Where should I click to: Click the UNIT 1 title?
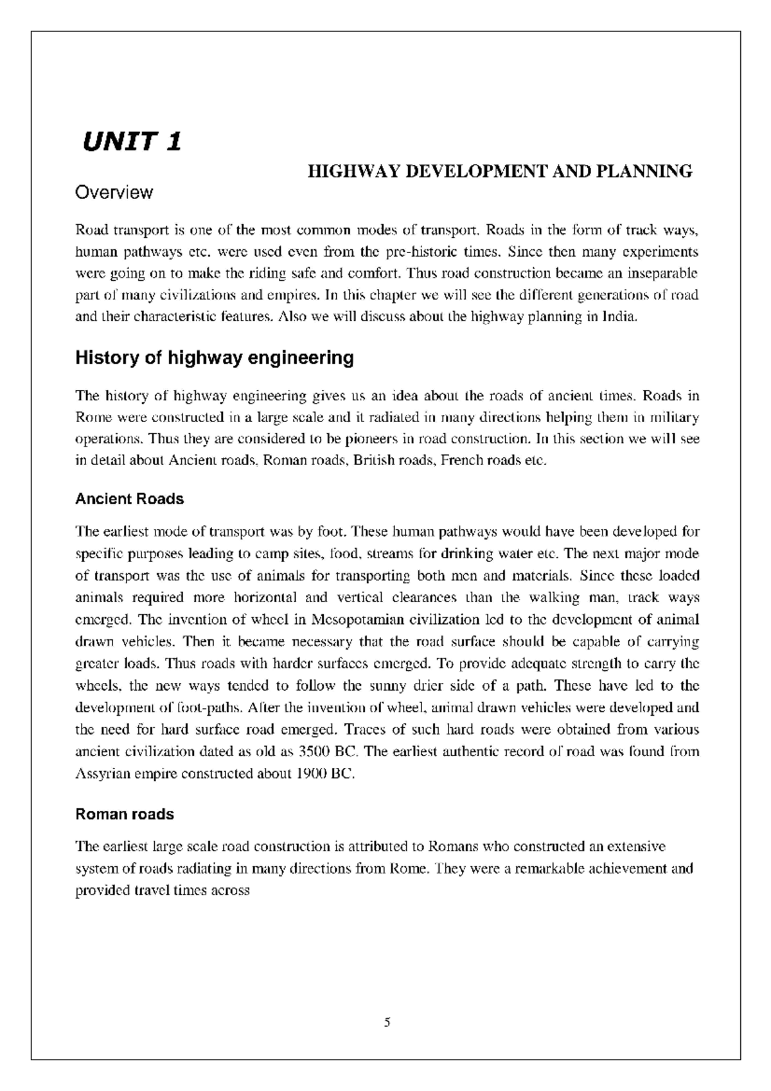131,141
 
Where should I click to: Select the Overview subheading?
114,192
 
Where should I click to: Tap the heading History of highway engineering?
215,358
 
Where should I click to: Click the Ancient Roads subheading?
130,499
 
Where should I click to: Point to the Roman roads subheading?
125,814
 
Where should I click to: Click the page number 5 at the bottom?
387,1022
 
